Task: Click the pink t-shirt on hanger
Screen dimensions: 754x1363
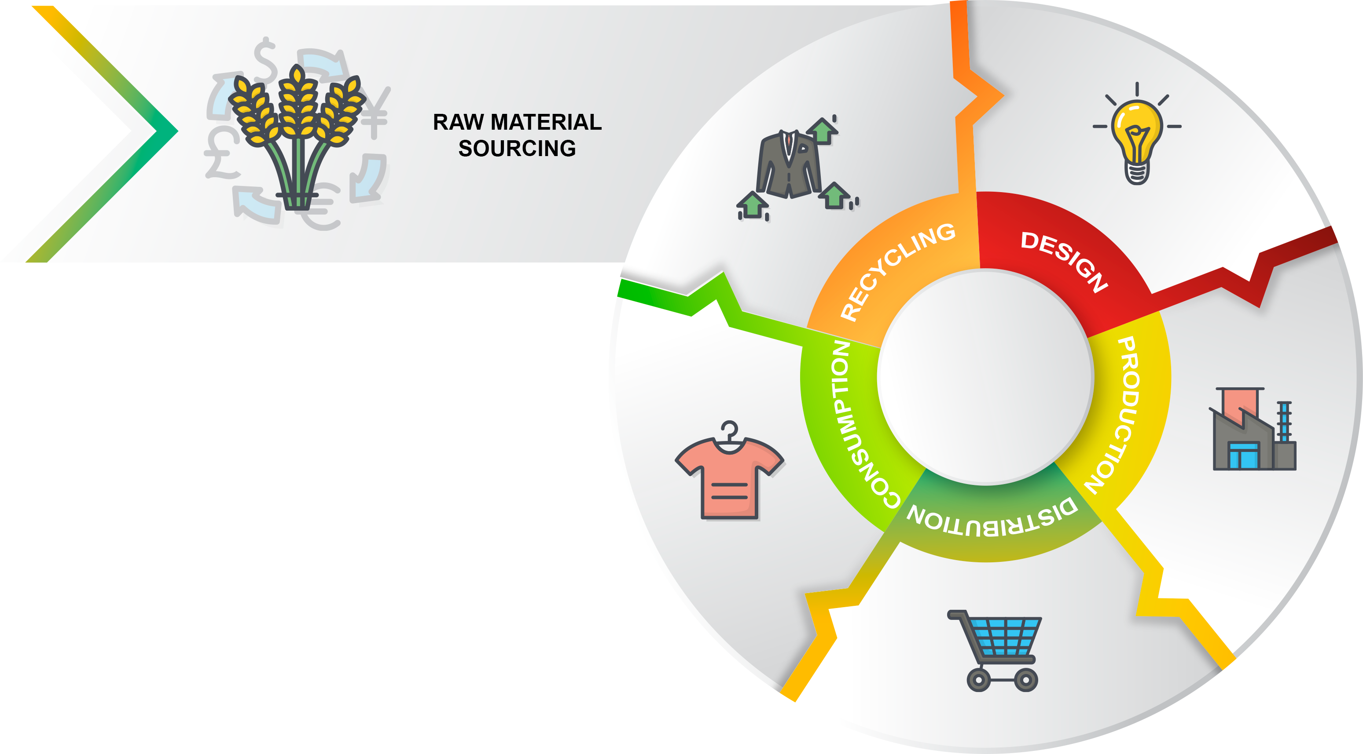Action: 729,473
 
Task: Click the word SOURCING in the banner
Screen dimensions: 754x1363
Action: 517,149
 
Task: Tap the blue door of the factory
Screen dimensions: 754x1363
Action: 1243,456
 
